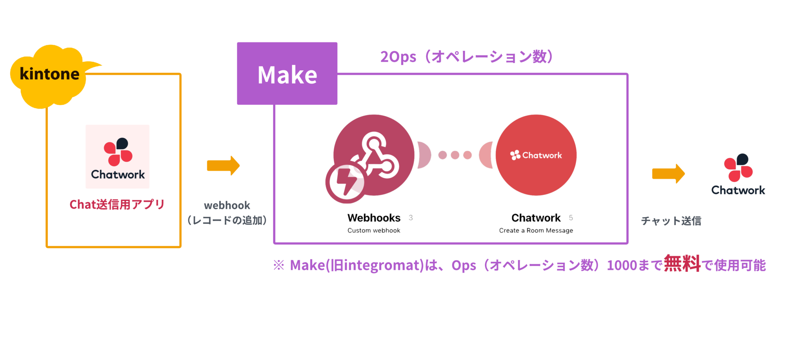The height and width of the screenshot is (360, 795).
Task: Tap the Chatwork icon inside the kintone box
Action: [118, 157]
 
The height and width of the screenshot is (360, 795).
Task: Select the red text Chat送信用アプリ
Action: [117, 205]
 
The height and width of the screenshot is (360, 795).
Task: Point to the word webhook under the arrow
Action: [227, 205]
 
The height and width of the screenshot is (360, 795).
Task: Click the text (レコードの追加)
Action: [227, 221]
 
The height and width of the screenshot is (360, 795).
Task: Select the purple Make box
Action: [287, 74]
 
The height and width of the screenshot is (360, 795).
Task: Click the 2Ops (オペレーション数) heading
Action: [466, 57]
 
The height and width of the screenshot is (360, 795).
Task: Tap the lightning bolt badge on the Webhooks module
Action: [345, 183]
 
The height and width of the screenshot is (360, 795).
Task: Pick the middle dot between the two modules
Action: [455, 155]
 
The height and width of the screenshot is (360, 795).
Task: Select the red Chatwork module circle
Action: [536, 155]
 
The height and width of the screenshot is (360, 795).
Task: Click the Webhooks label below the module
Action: [374, 218]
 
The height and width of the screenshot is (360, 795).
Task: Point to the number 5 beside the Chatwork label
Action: [571, 218]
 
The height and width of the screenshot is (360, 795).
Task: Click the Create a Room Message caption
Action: [536, 231]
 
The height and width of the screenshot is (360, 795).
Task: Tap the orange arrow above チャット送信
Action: [668, 174]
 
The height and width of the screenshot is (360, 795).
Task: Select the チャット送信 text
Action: [671, 221]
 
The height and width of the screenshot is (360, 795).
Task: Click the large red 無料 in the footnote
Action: [682, 264]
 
